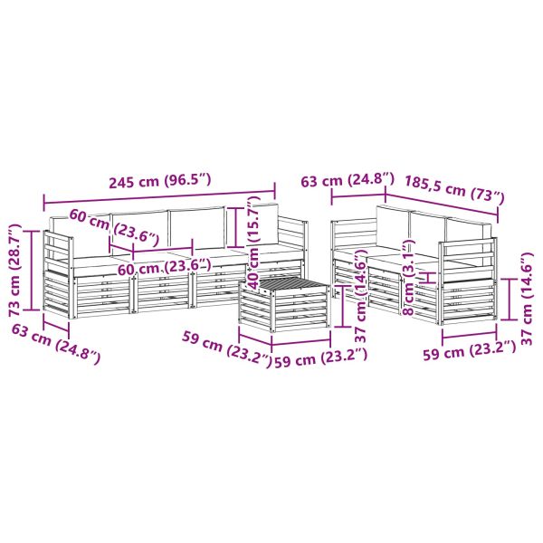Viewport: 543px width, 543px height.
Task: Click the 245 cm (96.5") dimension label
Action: click(x=159, y=180)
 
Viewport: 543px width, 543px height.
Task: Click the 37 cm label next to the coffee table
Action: click(x=361, y=299)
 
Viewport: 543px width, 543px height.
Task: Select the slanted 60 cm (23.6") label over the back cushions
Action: click(x=112, y=227)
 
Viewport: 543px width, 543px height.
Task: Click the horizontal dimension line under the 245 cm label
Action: click(x=159, y=195)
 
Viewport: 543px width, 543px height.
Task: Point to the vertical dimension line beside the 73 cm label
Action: click(x=33, y=271)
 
